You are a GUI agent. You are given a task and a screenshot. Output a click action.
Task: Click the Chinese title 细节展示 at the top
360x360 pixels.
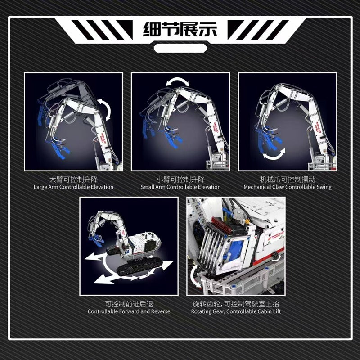tap(180, 29)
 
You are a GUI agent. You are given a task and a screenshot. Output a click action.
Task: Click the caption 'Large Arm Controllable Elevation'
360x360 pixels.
tap(73, 187)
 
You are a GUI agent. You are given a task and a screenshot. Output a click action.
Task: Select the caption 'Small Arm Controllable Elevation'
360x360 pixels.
tap(180, 187)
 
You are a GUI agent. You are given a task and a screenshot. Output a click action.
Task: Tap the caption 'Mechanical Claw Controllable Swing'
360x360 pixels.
tap(288, 187)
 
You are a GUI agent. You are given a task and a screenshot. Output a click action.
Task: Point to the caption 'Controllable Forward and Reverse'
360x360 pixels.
tap(129, 311)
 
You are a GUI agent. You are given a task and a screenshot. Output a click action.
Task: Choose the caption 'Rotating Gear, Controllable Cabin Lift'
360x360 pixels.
tap(236, 311)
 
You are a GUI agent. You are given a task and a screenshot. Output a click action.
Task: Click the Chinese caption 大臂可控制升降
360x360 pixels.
tap(73, 179)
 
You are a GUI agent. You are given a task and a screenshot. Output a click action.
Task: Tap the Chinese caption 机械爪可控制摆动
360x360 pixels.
tap(288, 179)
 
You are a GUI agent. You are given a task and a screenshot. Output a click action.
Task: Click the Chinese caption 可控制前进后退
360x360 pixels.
tap(129, 304)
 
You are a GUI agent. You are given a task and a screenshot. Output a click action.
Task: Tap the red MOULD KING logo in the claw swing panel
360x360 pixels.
tap(317, 127)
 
